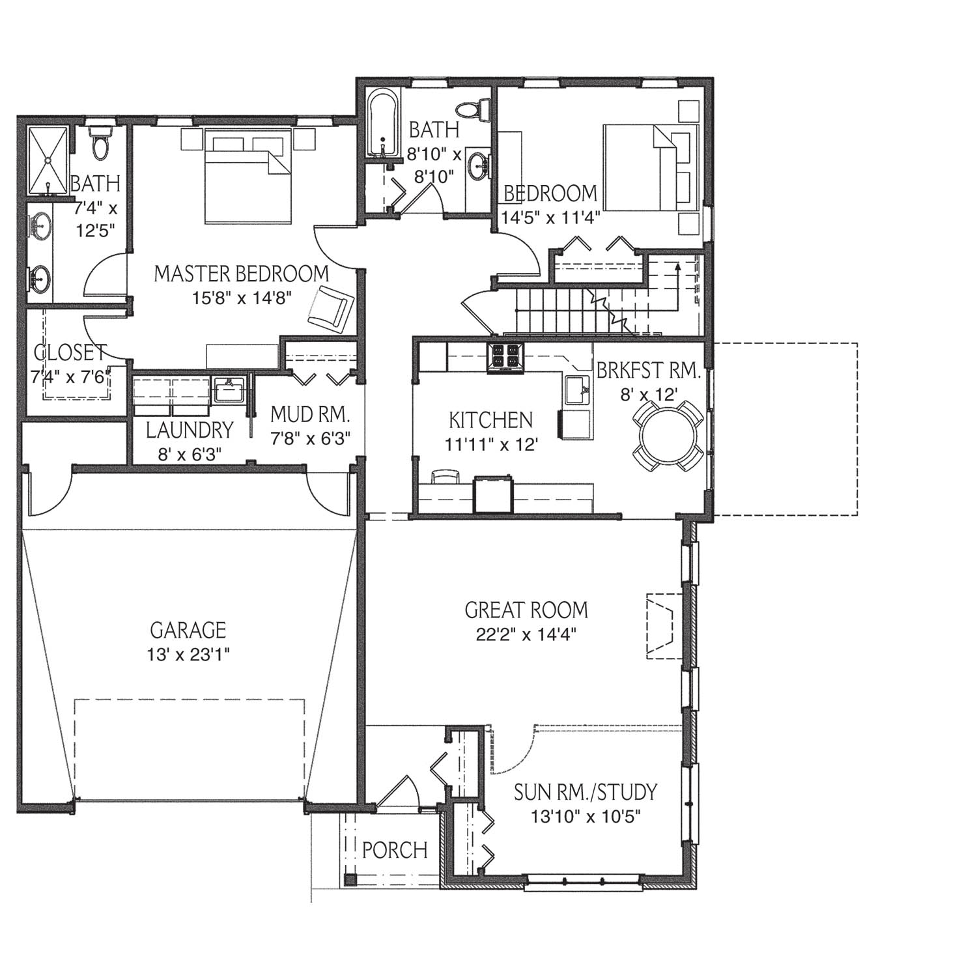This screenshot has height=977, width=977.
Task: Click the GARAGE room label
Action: (188, 630)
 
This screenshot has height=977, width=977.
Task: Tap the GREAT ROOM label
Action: (526, 610)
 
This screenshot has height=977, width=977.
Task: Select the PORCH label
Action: (395, 850)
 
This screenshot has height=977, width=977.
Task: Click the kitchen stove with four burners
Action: (505, 357)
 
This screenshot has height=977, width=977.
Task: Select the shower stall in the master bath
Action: (48, 160)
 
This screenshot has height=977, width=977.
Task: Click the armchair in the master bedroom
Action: (331, 307)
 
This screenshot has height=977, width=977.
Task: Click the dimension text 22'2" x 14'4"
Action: (526, 634)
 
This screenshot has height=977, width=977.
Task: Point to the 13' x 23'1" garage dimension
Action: (188, 653)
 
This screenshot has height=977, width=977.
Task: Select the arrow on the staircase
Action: (678, 286)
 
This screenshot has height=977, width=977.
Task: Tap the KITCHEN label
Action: (491, 420)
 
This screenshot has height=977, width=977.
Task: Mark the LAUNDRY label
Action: (190, 430)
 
